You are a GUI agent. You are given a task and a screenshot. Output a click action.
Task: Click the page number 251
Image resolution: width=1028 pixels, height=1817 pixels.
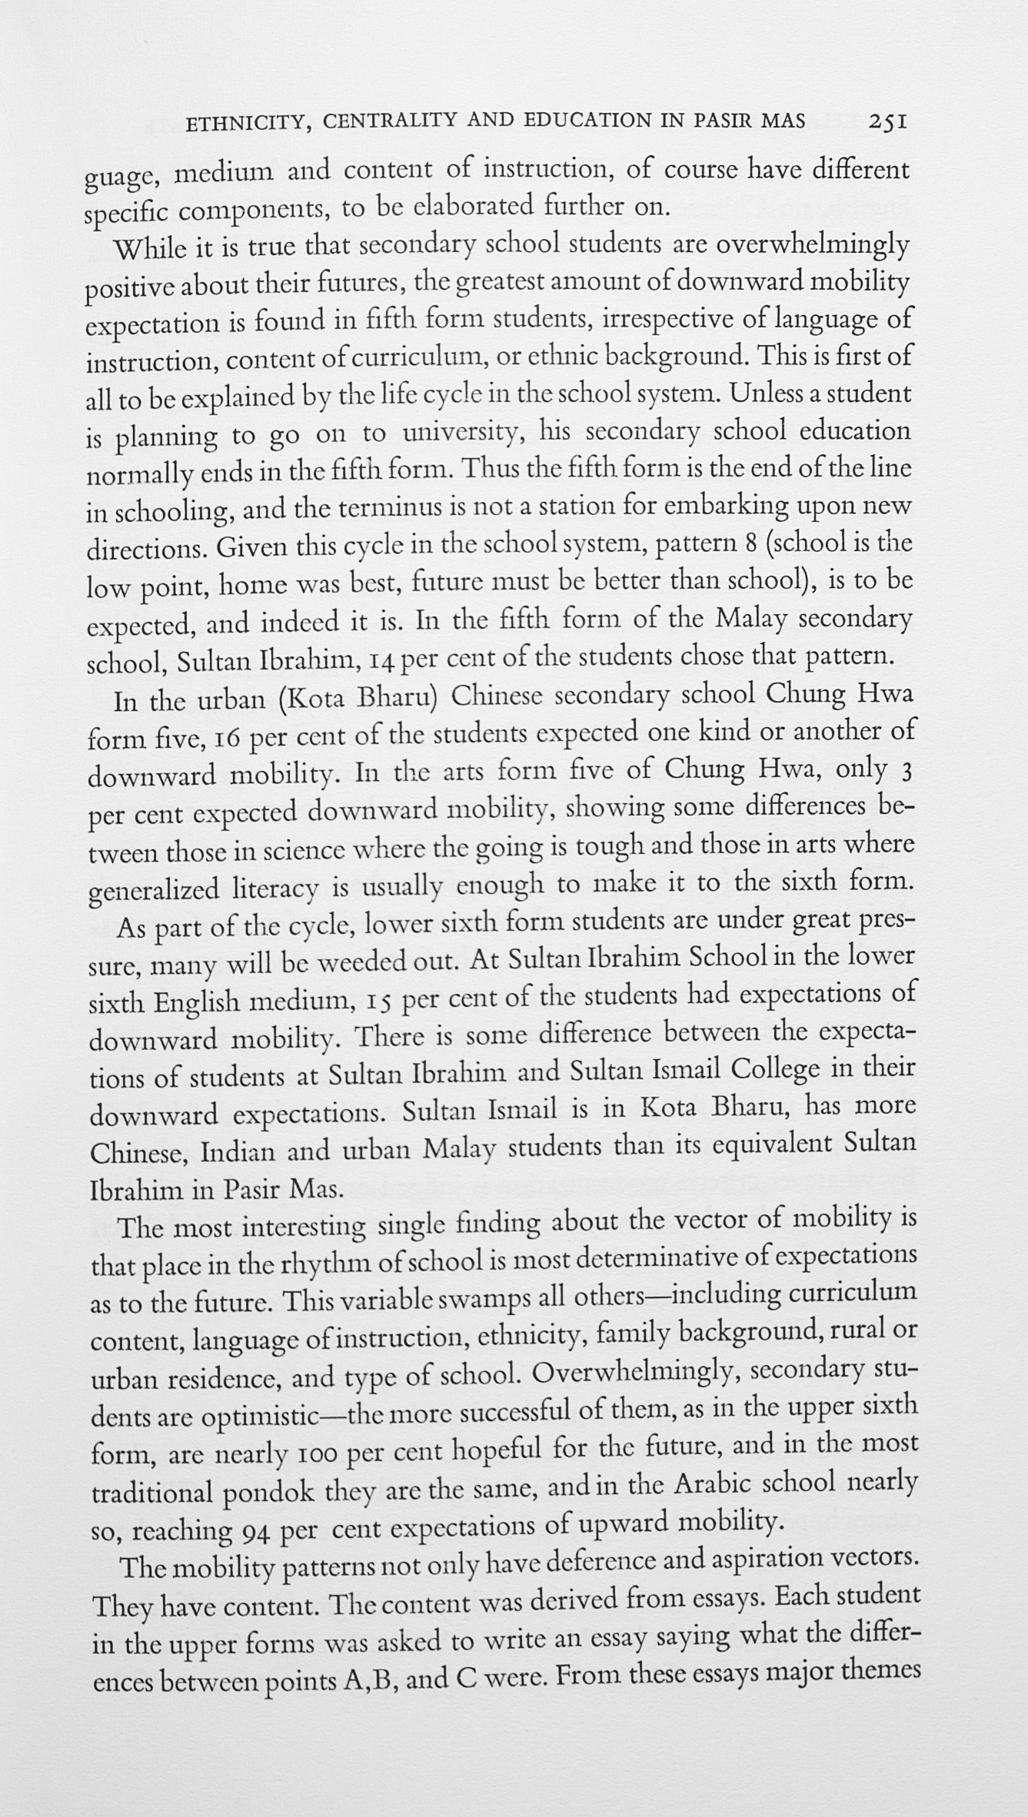tap(890, 121)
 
